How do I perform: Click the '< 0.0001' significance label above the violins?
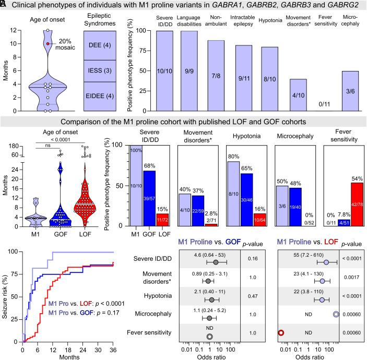click(x=60, y=139)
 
